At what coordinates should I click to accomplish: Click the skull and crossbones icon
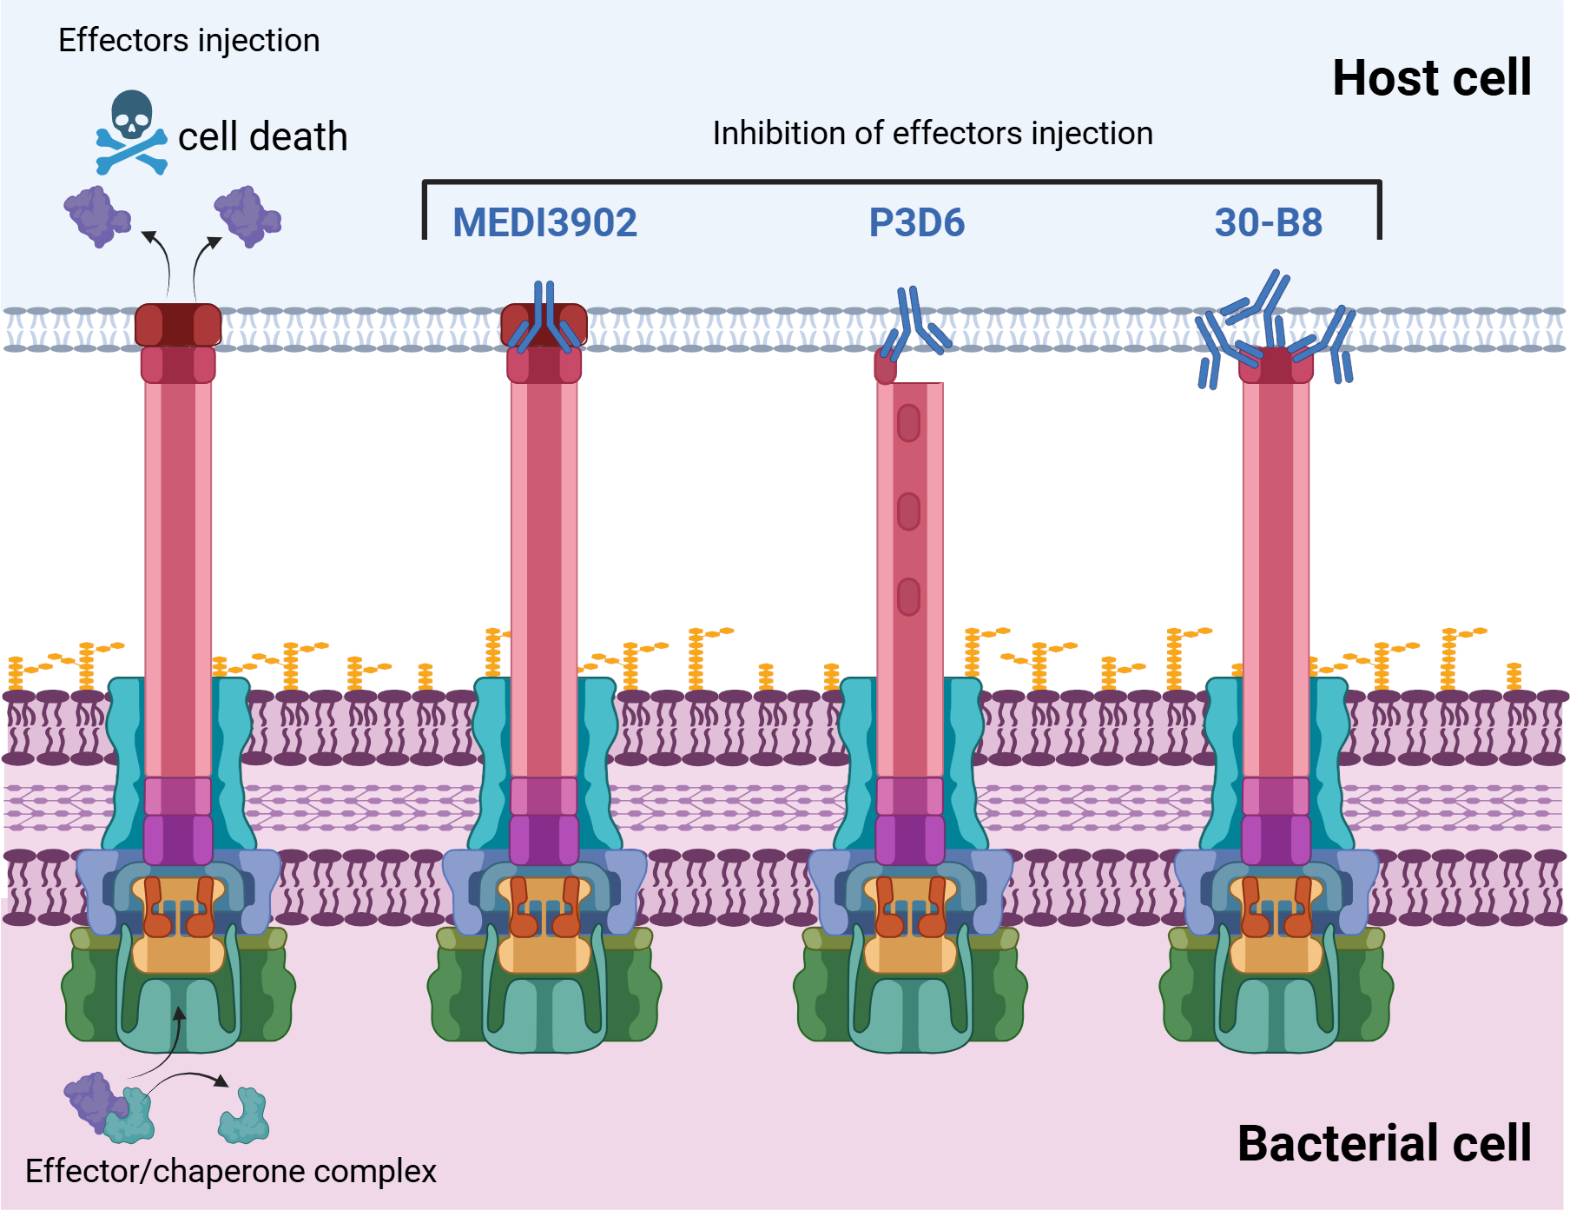131,132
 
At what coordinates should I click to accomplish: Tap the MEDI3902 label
544,222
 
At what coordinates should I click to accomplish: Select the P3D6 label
916,222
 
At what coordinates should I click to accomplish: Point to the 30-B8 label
1268,222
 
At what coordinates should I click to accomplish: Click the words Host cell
1431,78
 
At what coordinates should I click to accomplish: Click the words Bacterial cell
1384,1143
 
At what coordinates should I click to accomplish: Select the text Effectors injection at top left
188,41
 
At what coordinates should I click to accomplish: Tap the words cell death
262,137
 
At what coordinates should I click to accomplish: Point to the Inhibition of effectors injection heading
933,134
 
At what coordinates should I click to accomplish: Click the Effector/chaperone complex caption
231,1171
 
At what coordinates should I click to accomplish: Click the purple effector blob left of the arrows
96,215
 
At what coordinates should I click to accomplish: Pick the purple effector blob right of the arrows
247,215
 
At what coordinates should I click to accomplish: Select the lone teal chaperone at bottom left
244,1117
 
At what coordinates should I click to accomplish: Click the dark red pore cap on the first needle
178,325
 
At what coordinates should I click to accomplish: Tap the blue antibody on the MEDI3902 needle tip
544,320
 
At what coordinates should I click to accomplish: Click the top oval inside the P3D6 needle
908,424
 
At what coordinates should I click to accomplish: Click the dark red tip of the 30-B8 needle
1276,365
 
